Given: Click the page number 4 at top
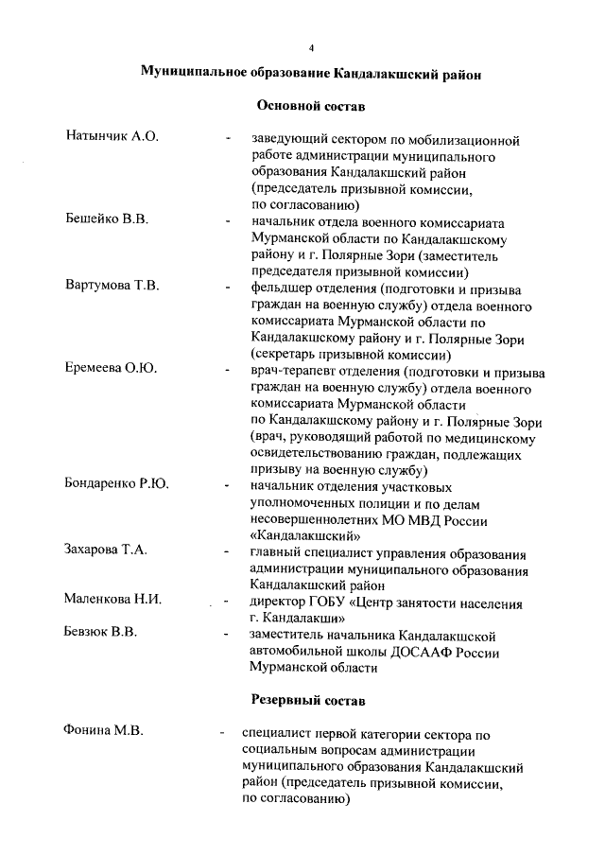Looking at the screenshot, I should [x=310, y=47].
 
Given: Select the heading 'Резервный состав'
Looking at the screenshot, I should [x=311, y=700].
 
